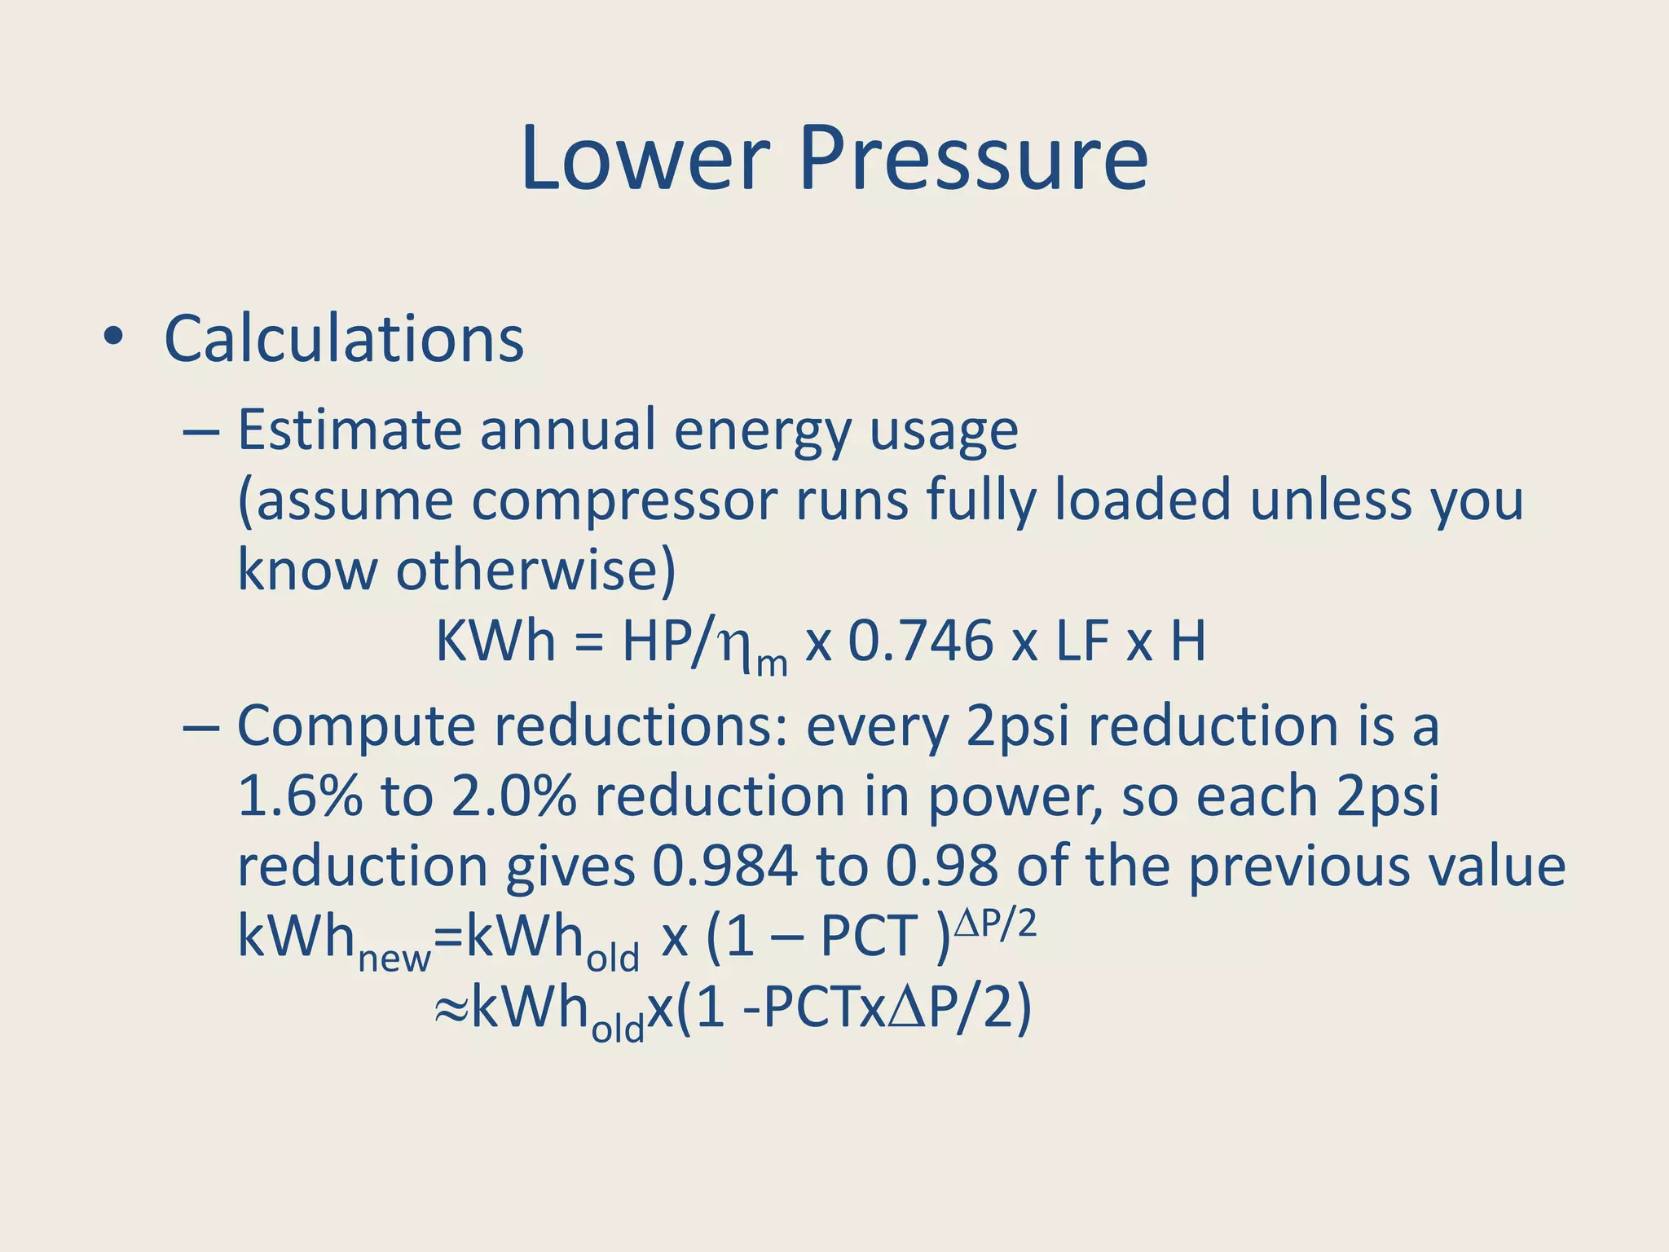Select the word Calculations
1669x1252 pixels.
(343, 338)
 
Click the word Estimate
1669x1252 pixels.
(349, 430)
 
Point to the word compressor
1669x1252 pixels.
(623, 500)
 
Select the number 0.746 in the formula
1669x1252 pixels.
(921, 641)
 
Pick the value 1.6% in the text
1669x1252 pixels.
(299, 796)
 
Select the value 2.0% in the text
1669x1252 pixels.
(513, 796)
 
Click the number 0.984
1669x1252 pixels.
(724, 866)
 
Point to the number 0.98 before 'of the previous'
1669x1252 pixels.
(941, 866)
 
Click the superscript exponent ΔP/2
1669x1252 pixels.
(995, 924)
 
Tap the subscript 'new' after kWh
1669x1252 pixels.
(394, 959)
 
